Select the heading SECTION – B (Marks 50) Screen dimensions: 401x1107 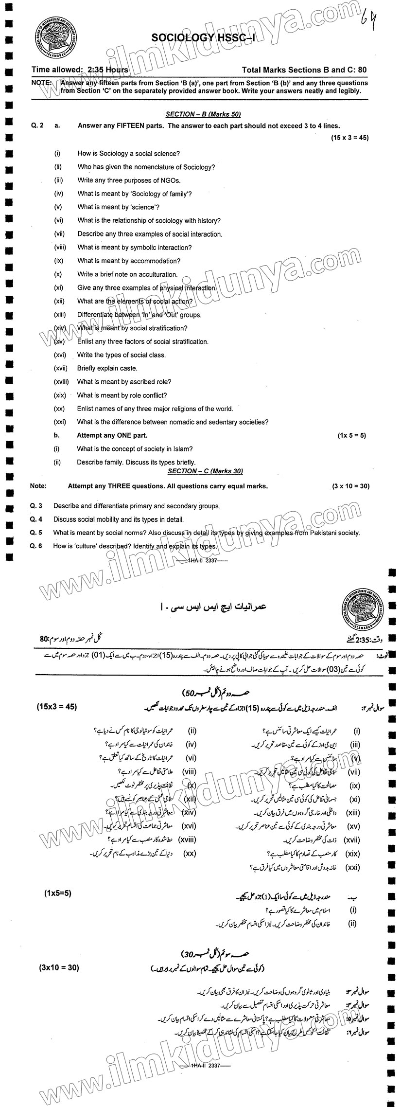(203, 114)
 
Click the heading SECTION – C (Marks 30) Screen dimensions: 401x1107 (205, 471)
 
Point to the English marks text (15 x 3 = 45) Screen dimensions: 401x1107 (350, 138)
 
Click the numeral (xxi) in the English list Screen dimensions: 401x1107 (60, 422)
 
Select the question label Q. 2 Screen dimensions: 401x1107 (37, 125)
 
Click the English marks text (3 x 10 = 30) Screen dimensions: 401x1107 (351, 486)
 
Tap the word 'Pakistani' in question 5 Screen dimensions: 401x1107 (312, 533)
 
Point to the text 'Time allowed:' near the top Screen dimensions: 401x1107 (58, 70)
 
